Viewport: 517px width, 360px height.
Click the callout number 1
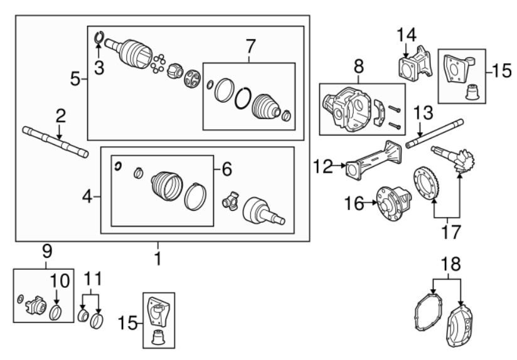pos(158,258)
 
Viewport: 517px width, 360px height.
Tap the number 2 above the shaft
pos(60,116)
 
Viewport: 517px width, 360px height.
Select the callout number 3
pos(99,69)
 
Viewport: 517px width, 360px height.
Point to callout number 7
pos(250,46)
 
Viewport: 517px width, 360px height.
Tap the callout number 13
pos(424,114)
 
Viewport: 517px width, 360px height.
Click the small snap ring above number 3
pos(99,39)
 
